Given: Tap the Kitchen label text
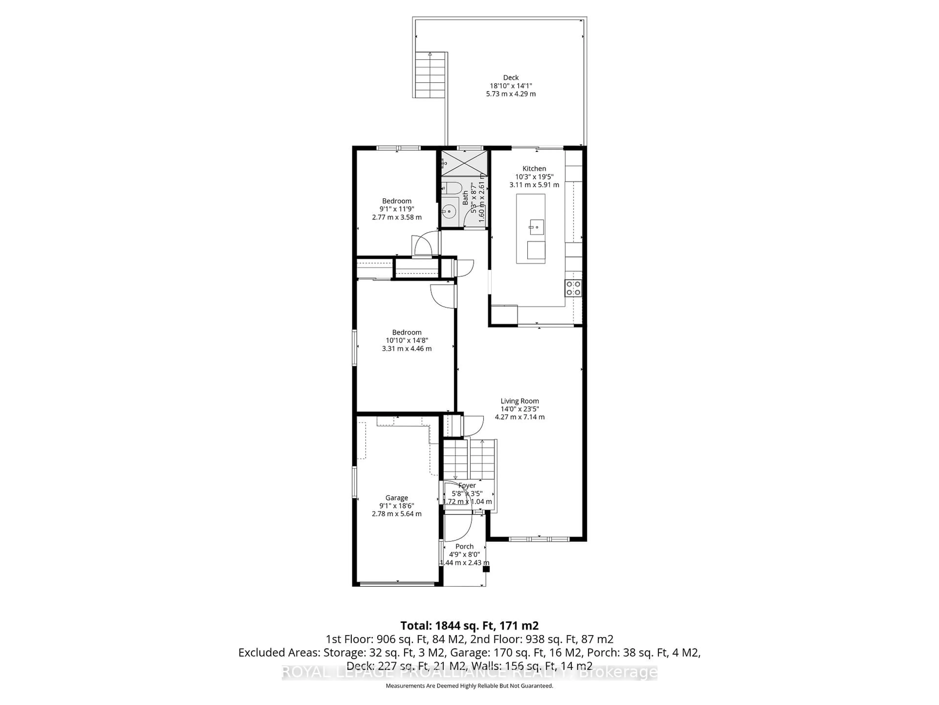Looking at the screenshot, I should coord(534,169).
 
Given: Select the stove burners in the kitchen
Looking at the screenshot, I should coord(573,288).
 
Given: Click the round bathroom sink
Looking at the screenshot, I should coord(448,210).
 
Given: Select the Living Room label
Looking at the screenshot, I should coord(520,401).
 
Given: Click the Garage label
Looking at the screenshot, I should coord(396,498).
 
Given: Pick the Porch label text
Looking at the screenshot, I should coord(464,546).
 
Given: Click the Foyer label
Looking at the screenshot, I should coord(467,485).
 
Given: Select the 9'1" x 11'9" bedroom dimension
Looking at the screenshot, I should coord(396,209).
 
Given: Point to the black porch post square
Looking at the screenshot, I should coord(486,569).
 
